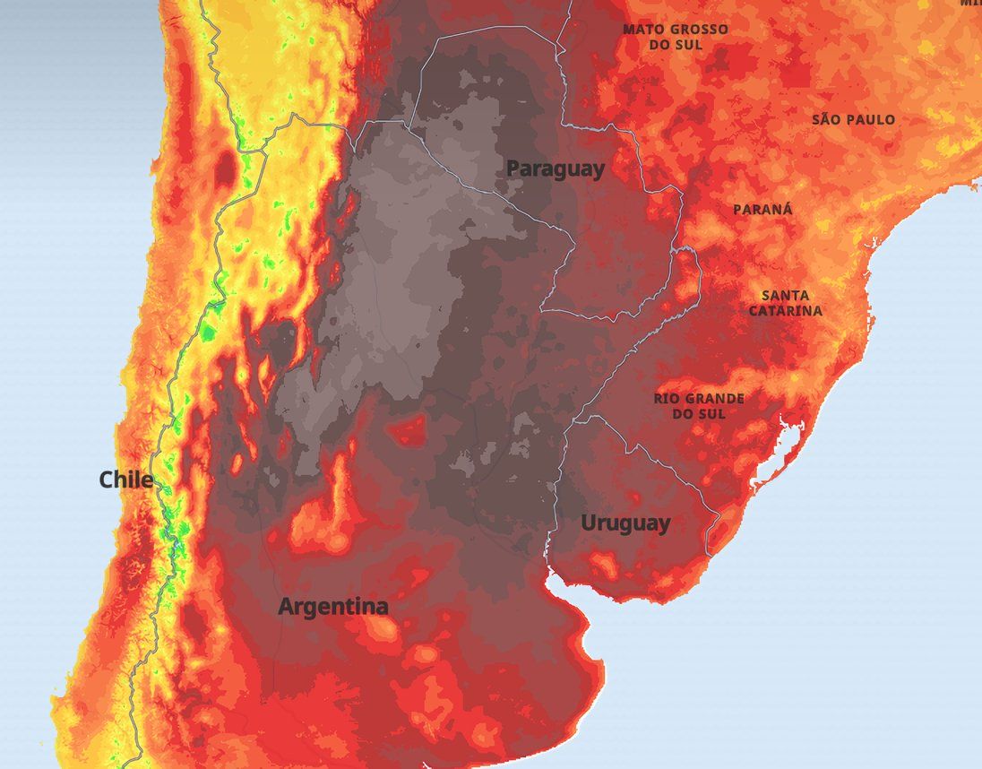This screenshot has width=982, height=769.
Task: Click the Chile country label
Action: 125,480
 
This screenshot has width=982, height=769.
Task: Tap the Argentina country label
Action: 333,607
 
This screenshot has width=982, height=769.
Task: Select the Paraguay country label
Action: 556,168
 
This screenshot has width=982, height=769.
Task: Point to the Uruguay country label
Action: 625,523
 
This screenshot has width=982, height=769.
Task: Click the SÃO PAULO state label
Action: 853,119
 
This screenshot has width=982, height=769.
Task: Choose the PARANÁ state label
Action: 762,209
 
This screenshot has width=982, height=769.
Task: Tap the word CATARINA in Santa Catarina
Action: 786,311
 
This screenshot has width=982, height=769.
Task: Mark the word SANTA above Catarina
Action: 785,295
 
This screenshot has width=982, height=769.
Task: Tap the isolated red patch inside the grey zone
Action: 410,431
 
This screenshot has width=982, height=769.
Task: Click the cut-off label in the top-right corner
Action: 971,4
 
